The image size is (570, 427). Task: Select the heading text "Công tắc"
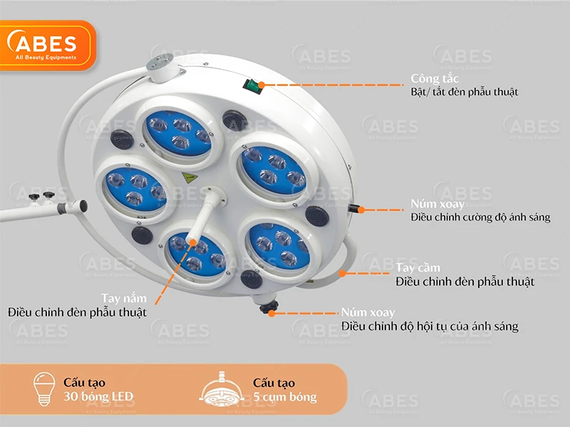click(x=435, y=78)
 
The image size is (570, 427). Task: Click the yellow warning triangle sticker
click(x=190, y=178)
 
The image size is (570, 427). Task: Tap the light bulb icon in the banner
click(x=44, y=389)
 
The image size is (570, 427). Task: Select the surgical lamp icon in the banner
click(x=222, y=389)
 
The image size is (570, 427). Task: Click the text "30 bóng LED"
click(x=98, y=396)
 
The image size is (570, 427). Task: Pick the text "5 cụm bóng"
click(x=284, y=397)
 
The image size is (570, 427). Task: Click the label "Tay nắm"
click(x=124, y=298)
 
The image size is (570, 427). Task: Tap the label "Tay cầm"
click(x=418, y=268)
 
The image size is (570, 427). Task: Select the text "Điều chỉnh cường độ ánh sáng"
click(x=480, y=217)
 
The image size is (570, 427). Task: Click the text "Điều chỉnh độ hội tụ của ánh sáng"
click(x=430, y=326)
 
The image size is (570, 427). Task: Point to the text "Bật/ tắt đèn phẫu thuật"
click(x=465, y=92)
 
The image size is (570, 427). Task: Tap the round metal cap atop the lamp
click(x=160, y=63)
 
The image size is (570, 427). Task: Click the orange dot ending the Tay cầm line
click(x=342, y=273)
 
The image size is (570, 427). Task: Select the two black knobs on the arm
click(x=41, y=196)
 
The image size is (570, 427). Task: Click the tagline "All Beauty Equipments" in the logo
click(x=46, y=58)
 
